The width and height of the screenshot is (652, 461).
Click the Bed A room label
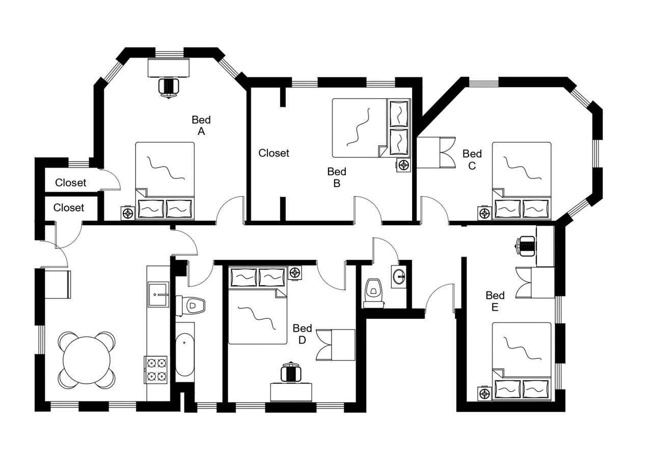201,125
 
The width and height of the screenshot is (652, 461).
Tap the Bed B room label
337,177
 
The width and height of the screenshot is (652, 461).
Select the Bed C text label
472,159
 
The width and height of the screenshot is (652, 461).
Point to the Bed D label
302,334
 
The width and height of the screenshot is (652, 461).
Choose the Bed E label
495,301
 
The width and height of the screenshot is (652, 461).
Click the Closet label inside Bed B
274,153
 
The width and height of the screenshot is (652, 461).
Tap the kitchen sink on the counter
158,294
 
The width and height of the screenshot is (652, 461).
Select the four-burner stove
156,370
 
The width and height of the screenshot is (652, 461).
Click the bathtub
184,354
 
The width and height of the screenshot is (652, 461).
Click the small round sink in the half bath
400,277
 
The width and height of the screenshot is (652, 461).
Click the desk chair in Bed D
291,373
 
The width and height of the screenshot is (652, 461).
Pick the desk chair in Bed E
526,246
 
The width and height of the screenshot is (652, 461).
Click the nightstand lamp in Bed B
404,165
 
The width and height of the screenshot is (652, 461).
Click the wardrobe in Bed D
336,345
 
